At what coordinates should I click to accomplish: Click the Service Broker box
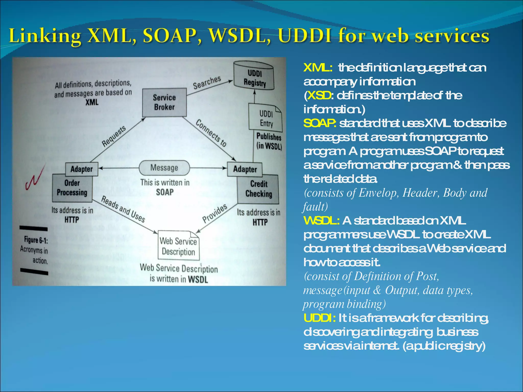[x=164, y=102]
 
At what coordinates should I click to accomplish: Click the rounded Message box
[x=164, y=168]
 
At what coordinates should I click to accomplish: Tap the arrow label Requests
[x=114, y=136]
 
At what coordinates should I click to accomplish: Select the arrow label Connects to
[x=211, y=133]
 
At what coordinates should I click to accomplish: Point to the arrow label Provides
[x=215, y=213]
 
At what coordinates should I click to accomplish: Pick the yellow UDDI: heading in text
[x=319, y=318]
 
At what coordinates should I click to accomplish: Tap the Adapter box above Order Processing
[x=81, y=169]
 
